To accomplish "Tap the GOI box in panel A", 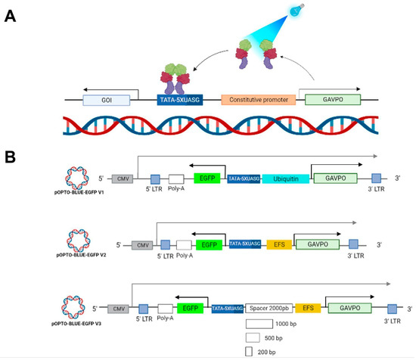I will (106, 99).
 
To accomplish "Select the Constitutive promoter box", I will (256, 99).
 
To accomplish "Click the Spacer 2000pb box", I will (269, 309).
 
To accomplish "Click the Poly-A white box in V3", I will (166, 309).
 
